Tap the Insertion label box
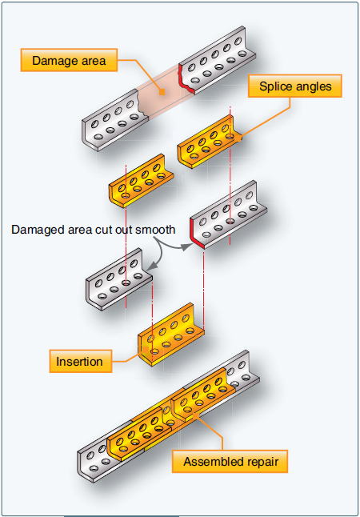79,361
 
